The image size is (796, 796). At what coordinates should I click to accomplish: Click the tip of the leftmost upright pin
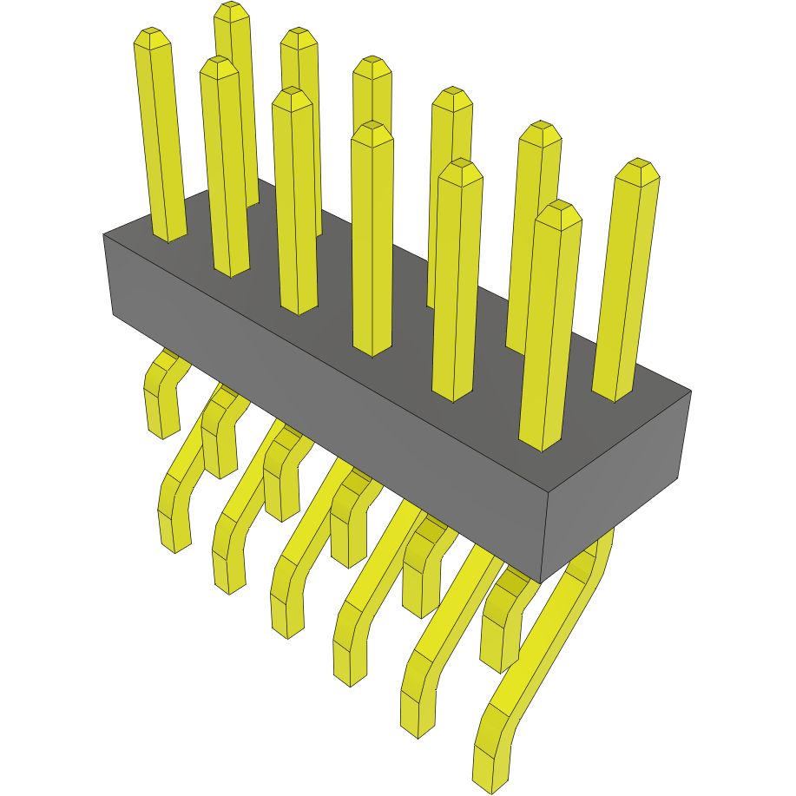tap(151, 36)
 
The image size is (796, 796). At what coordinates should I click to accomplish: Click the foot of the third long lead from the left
tap(288, 616)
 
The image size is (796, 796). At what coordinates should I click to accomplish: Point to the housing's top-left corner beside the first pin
tap(103, 234)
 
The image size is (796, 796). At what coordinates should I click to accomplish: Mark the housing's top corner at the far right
tap(691, 391)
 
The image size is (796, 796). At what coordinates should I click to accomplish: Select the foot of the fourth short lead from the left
tap(347, 547)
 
